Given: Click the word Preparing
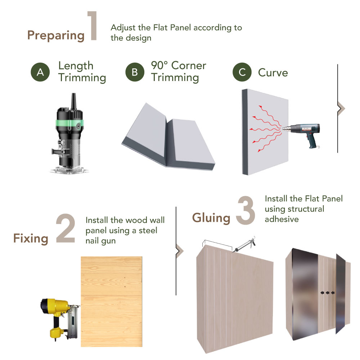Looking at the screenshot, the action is pos(56,36).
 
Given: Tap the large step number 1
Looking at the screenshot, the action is pos(92,26).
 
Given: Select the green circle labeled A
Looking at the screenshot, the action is pos(40,72).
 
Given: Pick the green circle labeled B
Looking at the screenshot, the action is pos(135,72).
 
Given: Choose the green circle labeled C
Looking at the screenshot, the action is pos(242,72).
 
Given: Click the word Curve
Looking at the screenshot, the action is pos(273,73).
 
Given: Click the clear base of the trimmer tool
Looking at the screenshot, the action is pos(69,170).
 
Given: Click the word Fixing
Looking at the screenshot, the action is pos(31,239).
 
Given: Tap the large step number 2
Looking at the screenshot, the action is pos(66,228).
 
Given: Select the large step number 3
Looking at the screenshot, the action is pos(246,210).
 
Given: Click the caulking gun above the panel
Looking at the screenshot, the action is pos(244,244).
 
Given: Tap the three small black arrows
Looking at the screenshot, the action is pos(327,292).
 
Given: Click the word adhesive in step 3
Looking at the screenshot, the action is pos(282,219).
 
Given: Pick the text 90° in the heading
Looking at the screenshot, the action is pos(159,66).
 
